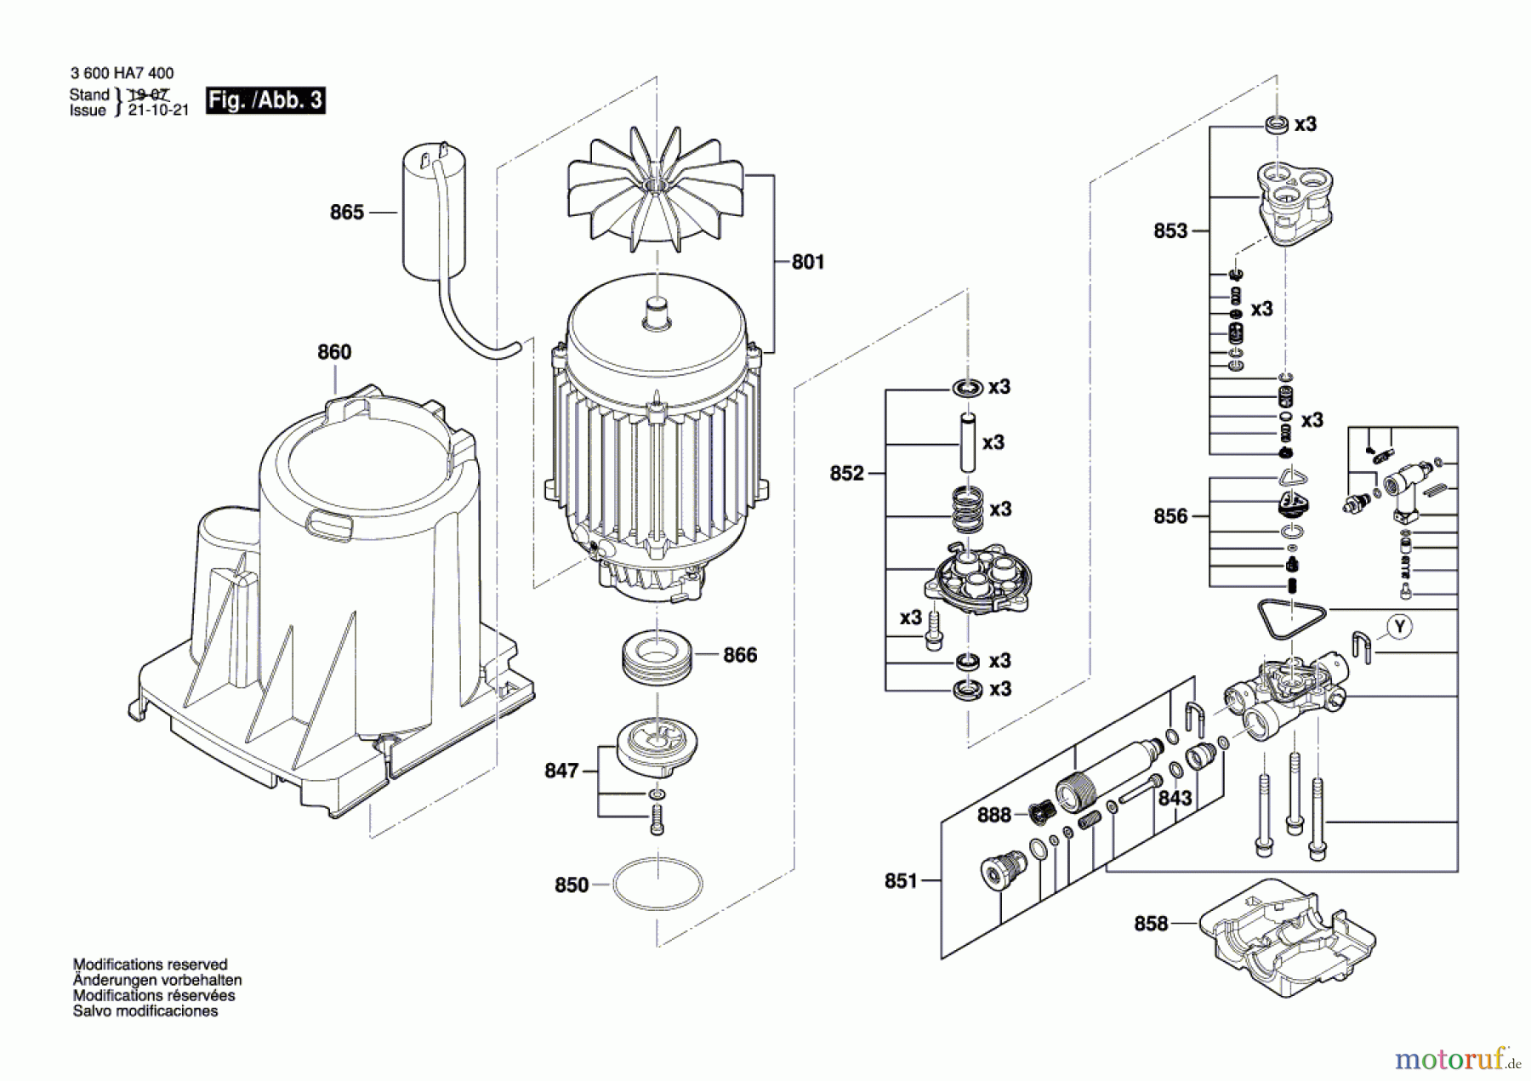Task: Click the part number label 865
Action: [x=346, y=213]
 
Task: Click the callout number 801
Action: [x=807, y=263]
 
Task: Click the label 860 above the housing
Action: [x=334, y=352]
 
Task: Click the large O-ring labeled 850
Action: [x=657, y=885]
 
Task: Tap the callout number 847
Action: [x=561, y=771]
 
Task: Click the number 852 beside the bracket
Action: [x=846, y=474]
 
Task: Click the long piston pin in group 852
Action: [x=967, y=442]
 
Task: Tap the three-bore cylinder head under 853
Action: [x=1295, y=202]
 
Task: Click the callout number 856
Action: [x=1170, y=516]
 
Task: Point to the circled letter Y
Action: [x=1399, y=627]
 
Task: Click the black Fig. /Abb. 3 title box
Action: [x=265, y=100]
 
